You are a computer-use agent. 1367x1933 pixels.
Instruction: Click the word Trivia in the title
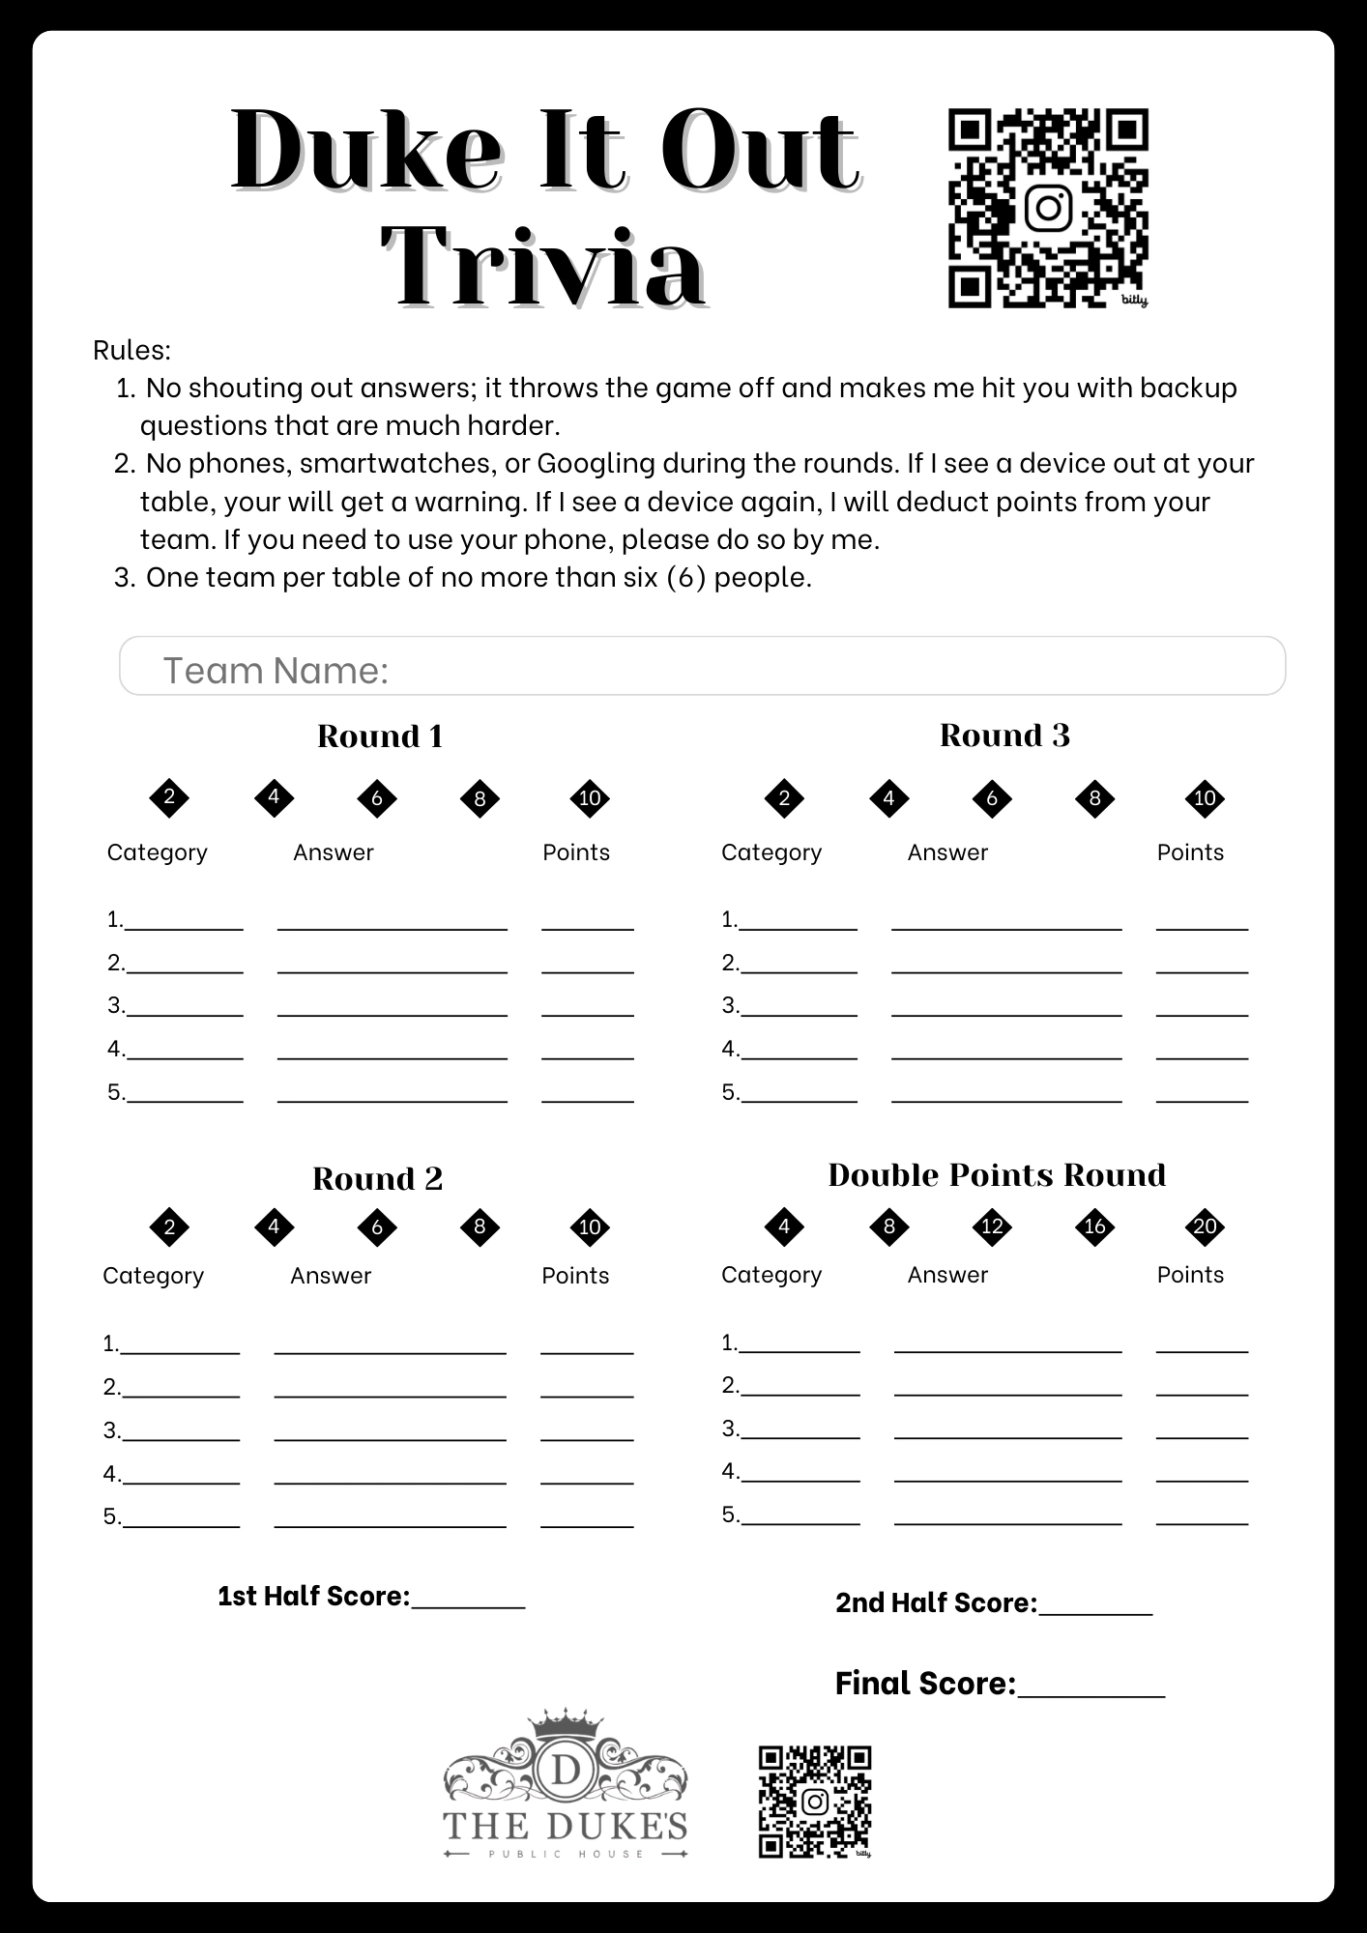(543, 266)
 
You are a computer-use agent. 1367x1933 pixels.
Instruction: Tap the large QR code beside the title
(1048, 208)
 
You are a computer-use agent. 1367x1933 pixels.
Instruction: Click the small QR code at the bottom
(814, 1802)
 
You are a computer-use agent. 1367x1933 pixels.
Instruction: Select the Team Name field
(702, 666)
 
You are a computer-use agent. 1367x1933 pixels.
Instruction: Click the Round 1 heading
(380, 736)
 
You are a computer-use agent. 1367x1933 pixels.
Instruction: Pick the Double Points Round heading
(997, 1175)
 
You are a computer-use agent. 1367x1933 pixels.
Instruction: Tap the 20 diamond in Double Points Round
(1205, 1226)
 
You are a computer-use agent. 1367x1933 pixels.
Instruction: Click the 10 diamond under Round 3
(1205, 798)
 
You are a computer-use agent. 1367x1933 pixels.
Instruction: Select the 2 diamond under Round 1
(169, 798)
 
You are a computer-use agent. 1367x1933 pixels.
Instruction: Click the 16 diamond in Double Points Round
(1094, 1226)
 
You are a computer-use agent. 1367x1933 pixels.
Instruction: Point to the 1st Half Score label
(313, 1596)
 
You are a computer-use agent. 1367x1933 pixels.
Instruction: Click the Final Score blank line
(1091, 1688)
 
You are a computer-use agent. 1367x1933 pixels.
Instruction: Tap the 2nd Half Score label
(935, 1602)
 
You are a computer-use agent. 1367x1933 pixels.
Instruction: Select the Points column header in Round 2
(575, 1276)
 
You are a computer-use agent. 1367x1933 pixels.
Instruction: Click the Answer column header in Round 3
(947, 852)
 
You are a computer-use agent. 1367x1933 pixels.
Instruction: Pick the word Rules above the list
(131, 350)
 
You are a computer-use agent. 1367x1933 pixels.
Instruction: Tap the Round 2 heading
(377, 1179)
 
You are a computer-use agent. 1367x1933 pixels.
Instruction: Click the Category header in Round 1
(157, 852)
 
